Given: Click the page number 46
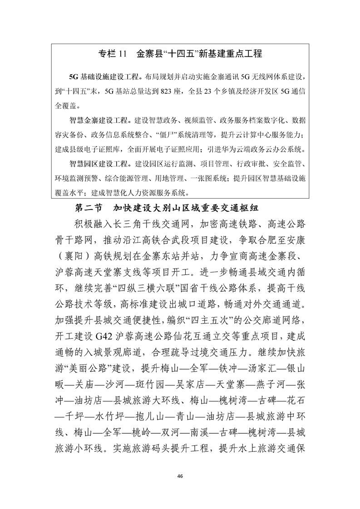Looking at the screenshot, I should (x=180, y=476).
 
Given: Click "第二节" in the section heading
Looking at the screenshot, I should (x=89, y=209).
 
